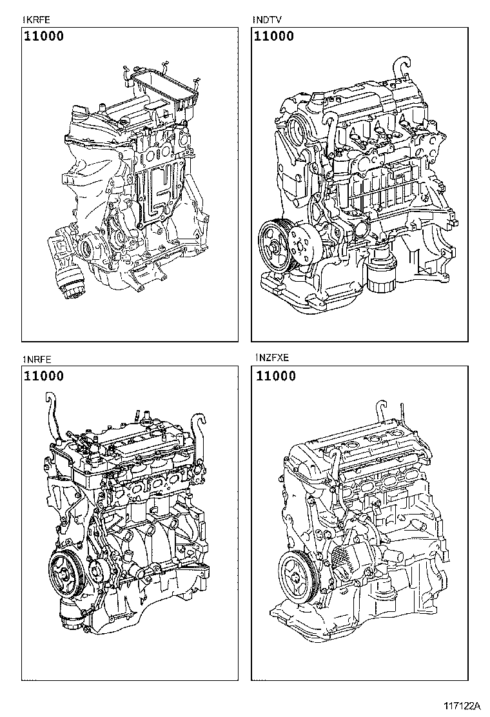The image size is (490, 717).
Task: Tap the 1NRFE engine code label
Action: pyautogui.click(x=37, y=360)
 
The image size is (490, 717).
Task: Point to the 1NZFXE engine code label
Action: pyautogui.click(x=271, y=360)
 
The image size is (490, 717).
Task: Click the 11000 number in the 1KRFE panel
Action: pyautogui.click(x=44, y=36)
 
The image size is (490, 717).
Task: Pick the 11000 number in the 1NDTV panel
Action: pyautogui.click(x=274, y=36)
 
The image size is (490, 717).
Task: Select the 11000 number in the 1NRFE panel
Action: pyautogui.click(x=44, y=376)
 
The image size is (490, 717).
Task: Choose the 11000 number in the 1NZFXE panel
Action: pyautogui.click(x=275, y=376)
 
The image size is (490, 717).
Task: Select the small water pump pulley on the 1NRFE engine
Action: pyautogui.click(x=99, y=570)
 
